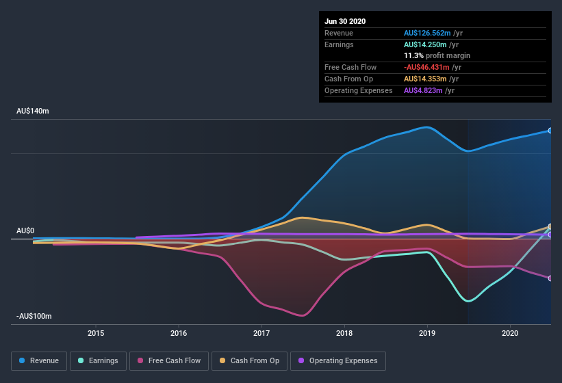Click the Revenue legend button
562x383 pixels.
tap(38, 360)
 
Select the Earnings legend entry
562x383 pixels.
tap(98, 360)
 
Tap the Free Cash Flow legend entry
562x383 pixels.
tap(169, 360)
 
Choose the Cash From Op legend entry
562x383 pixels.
tap(248, 360)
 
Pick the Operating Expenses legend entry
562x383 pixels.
tap(338, 360)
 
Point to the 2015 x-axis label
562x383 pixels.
tap(96, 333)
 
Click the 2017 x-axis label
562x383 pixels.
tap(261, 333)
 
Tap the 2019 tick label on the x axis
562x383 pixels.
tap(427, 333)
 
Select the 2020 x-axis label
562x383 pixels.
tap(510, 333)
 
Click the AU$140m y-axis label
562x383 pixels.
tap(32, 111)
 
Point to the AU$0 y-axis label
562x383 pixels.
tap(25, 230)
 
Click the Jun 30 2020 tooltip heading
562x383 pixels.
tap(345, 21)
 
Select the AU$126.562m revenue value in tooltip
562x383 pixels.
tap(427, 33)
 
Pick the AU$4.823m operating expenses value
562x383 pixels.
tap(423, 90)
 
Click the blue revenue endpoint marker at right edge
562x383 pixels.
tap(550, 131)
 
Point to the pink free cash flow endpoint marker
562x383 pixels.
tap(550, 278)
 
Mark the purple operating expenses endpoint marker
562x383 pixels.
tap(550, 235)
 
